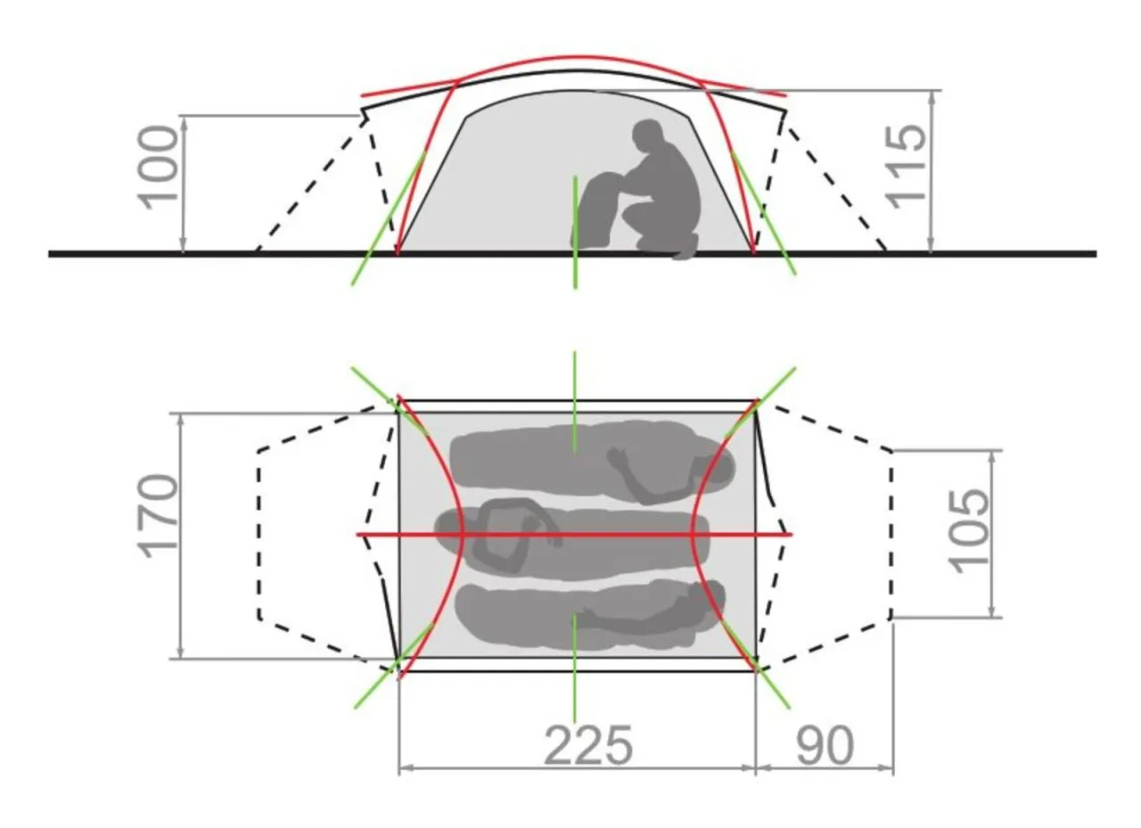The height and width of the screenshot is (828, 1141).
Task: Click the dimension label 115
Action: tap(907, 167)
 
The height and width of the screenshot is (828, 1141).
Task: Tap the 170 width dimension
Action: tap(158, 517)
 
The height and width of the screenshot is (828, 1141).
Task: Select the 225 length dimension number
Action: tap(588, 745)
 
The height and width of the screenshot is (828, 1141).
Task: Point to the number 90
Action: tap(825, 746)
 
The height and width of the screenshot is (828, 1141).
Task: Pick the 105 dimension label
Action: tap(969, 531)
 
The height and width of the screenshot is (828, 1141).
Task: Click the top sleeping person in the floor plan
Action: tap(592, 463)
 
